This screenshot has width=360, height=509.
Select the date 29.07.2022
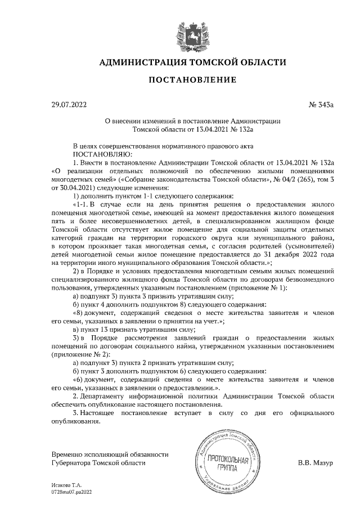click(x=66, y=105)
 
